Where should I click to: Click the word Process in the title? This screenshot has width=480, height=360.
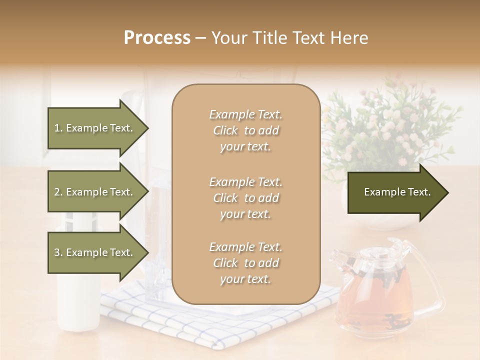(x=157, y=38)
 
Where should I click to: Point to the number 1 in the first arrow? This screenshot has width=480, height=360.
(x=57, y=128)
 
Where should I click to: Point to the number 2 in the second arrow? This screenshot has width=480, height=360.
(x=57, y=192)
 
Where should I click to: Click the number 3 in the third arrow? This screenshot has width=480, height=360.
(x=57, y=253)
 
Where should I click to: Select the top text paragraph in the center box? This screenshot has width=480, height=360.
(x=246, y=130)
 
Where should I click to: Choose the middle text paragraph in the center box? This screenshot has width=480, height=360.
(x=246, y=198)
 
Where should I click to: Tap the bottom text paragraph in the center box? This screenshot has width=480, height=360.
(x=246, y=263)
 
